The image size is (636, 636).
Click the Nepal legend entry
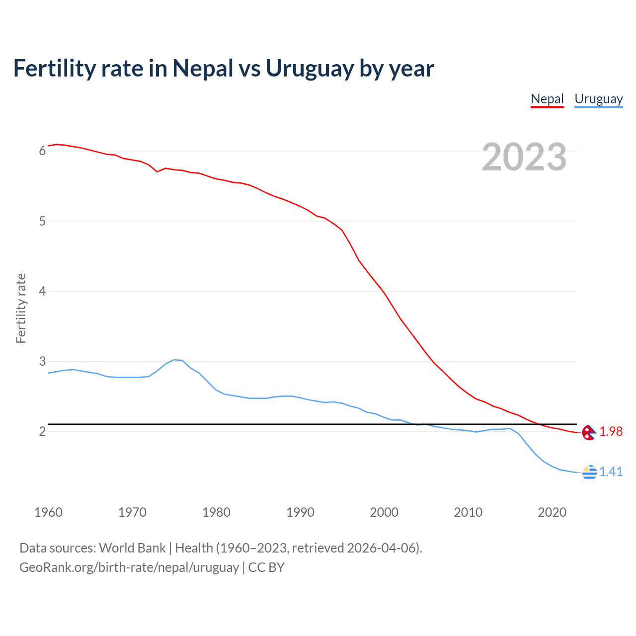click(x=547, y=99)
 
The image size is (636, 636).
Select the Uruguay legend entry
click(x=598, y=99)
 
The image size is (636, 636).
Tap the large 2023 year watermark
click(x=524, y=157)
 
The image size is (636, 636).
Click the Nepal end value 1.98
click(x=611, y=432)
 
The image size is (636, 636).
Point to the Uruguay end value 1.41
click(x=611, y=472)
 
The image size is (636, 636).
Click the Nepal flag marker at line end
click(x=589, y=432)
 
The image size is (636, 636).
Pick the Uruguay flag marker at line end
click(x=589, y=472)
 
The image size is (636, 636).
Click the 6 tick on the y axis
click(x=42, y=151)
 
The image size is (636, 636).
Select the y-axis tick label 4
click(x=42, y=291)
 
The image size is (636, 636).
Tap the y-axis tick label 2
click(x=42, y=431)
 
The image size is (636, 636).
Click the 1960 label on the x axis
click(x=48, y=512)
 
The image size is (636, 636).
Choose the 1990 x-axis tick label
click(x=300, y=512)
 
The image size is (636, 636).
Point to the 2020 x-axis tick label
click(x=552, y=512)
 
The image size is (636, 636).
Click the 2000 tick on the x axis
click(x=384, y=512)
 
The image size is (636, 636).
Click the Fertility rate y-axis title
click(x=21, y=308)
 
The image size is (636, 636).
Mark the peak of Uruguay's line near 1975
click(x=174, y=359)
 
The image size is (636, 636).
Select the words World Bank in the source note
click(x=132, y=548)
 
